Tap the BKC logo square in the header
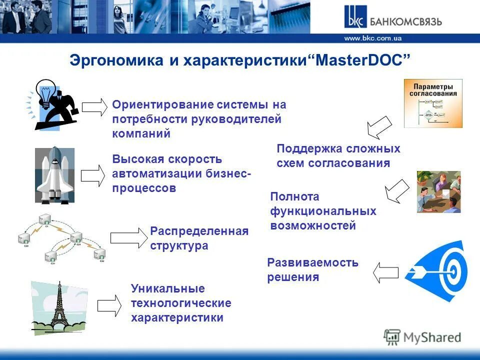pyautogui.click(x=354, y=17)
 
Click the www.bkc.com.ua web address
pyautogui.click(x=372, y=38)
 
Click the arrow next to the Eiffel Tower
pyautogui.click(x=109, y=304)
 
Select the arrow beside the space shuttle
pyautogui.click(x=93, y=175)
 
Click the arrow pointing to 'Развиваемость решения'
pyautogui.click(x=385, y=272)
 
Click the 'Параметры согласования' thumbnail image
pyautogui.click(x=433, y=102)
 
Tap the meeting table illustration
pyautogui.click(x=438, y=191)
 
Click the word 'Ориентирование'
pyautogui.click(x=163, y=104)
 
